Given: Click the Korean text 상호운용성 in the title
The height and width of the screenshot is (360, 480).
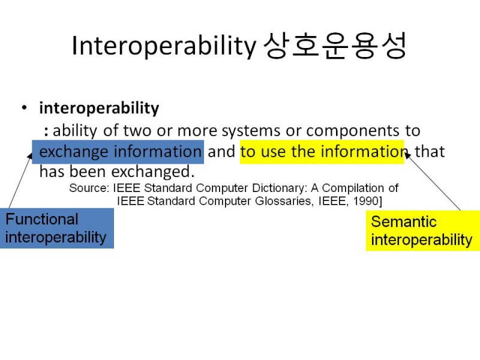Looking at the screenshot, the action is pyautogui.click(x=335, y=46).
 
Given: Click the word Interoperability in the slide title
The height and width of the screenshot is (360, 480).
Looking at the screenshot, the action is pyautogui.click(x=164, y=46).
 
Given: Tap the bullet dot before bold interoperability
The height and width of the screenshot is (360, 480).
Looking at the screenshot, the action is pyautogui.click(x=25, y=108).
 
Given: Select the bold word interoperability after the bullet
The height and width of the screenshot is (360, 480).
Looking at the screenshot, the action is pyautogui.click(x=99, y=108).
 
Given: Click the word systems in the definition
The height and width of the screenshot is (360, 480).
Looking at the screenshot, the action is pyautogui.click(x=251, y=131).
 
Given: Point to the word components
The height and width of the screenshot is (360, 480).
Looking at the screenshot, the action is pyautogui.click(x=353, y=131).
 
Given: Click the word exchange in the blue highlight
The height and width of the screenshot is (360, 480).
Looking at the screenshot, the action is pyautogui.click(x=73, y=152).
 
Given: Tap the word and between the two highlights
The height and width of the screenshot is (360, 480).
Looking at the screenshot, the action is pyautogui.click(x=221, y=152).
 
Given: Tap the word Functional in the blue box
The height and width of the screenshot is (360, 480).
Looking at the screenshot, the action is pyautogui.click(x=42, y=219).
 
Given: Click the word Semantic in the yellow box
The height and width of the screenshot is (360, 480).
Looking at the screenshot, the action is pyautogui.click(x=404, y=221).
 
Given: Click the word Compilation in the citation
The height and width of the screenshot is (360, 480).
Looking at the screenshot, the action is pyautogui.click(x=353, y=188).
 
